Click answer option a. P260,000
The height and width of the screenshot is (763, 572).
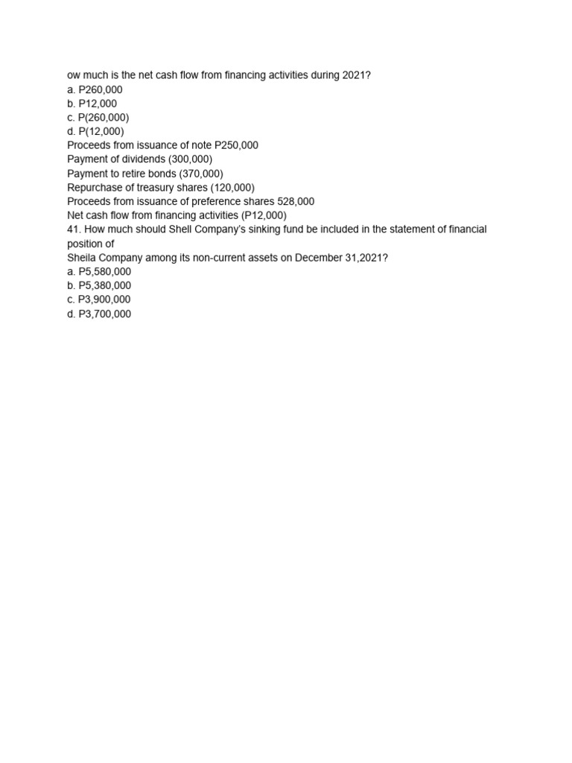click(x=95, y=89)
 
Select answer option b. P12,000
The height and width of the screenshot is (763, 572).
click(x=92, y=104)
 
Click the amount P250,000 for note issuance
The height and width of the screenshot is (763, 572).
click(x=236, y=145)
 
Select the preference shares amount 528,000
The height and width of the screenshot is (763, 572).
click(x=296, y=201)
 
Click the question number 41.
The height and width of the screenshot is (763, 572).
click(x=74, y=229)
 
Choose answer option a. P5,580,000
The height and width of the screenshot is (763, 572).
click(x=99, y=271)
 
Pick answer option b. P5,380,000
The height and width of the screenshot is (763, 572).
click(x=99, y=285)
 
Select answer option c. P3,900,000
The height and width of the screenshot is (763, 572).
click(x=99, y=300)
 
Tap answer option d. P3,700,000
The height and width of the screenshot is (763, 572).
click(x=99, y=314)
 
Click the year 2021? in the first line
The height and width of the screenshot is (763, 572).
click(x=356, y=75)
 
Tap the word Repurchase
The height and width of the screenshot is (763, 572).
click(x=95, y=187)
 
